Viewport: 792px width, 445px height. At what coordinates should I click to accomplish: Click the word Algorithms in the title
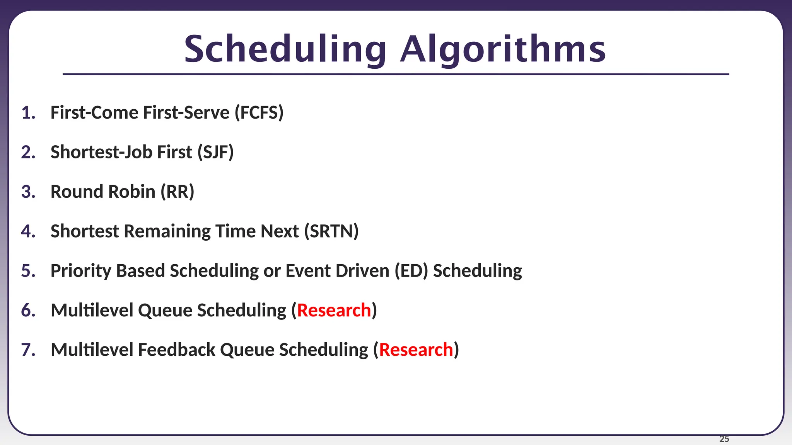pyautogui.click(x=503, y=49)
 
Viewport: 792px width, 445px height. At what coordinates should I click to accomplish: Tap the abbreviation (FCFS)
pyautogui.click(x=259, y=113)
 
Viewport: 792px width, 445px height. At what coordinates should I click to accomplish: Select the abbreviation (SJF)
pyautogui.click(x=215, y=152)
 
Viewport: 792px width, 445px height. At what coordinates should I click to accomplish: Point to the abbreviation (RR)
pyautogui.click(x=177, y=192)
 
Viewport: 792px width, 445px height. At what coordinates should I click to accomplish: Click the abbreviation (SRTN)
pyautogui.click(x=331, y=231)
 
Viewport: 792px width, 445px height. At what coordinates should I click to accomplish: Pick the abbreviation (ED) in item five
pyautogui.click(x=411, y=271)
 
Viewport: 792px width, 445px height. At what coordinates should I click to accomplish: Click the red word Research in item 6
pyautogui.click(x=334, y=311)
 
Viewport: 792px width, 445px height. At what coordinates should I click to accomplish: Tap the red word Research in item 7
pyautogui.click(x=416, y=350)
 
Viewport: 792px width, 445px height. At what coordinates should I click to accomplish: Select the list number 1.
pyautogui.click(x=28, y=113)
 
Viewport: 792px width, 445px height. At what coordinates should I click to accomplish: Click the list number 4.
pyautogui.click(x=28, y=231)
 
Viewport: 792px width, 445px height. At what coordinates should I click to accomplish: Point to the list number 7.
pyautogui.click(x=28, y=350)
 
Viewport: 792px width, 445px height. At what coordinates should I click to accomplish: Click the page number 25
pyautogui.click(x=724, y=439)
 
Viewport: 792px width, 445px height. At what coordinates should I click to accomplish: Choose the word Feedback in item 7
pyautogui.click(x=176, y=350)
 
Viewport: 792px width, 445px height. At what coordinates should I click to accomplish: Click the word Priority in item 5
pyautogui.click(x=81, y=271)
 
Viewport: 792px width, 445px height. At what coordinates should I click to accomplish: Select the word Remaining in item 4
pyautogui.click(x=167, y=231)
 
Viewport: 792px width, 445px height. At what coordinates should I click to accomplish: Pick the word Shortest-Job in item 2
pyautogui.click(x=101, y=152)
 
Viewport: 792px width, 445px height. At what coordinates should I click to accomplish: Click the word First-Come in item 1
pyautogui.click(x=94, y=113)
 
